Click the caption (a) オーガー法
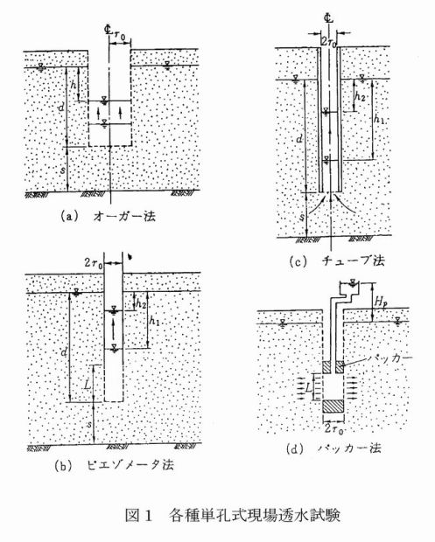point(108,217)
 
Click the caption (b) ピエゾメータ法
point(114,465)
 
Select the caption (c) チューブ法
point(337,261)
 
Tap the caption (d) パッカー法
point(334,448)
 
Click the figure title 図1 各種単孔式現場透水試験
point(233,515)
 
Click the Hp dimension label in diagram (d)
point(382,302)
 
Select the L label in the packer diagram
point(309,388)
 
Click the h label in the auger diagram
point(73,85)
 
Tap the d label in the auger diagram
point(61,108)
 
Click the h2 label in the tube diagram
point(360,96)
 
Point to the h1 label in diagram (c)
point(380,119)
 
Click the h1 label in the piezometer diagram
point(154,321)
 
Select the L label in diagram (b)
point(88,384)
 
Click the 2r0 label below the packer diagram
point(334,429)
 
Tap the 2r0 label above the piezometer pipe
point(94,263)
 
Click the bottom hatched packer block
point(333,406)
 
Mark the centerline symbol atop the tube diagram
point(329,18)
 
